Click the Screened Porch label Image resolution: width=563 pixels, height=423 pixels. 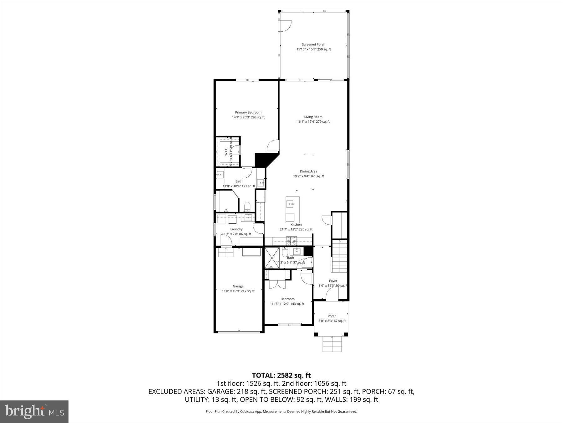tap(313, 44)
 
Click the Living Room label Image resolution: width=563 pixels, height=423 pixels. tap(313, 117)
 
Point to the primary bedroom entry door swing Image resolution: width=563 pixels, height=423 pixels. tap(273, 145)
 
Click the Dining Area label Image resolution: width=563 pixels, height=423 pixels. tap(308, 171)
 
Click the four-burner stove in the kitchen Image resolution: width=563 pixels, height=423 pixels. tap(292, 241)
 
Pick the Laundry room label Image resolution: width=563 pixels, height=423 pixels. tap(236, 229)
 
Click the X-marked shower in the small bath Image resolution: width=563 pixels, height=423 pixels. tap(271, 258)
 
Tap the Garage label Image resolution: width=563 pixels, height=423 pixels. tap(238, 286)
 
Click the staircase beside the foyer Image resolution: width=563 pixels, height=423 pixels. tap(339, 256)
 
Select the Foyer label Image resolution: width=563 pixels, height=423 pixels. tap(333, 281)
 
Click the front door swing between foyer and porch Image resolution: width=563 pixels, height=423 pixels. tap(332, 294)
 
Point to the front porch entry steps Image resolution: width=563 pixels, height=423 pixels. tap(332, 344)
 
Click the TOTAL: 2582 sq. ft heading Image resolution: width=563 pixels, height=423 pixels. tap(281, 375)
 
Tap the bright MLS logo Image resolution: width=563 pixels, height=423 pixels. tap(34, 411)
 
